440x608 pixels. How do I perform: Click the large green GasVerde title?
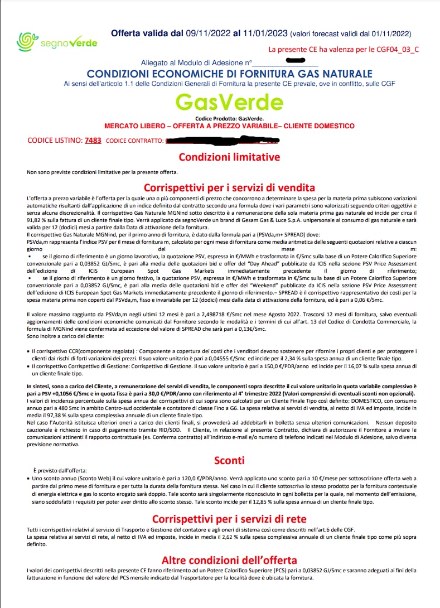coord(229,102)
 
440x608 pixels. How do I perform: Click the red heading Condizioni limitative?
coord(229,157)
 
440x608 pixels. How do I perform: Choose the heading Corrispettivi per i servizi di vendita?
coord(229,187)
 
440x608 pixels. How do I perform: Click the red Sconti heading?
coord(229,460)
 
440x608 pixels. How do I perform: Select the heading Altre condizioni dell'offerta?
coord(229,559)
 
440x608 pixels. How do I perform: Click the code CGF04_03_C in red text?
coord(398,50)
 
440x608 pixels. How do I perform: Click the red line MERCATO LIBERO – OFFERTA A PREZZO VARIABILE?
coord(229,126)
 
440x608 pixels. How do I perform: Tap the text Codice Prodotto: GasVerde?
coord(229,119)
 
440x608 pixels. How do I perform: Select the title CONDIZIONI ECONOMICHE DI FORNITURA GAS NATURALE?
coord(229,74)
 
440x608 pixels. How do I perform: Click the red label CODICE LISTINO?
coord(54,141)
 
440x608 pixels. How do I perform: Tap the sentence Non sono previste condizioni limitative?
coord(102,172)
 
